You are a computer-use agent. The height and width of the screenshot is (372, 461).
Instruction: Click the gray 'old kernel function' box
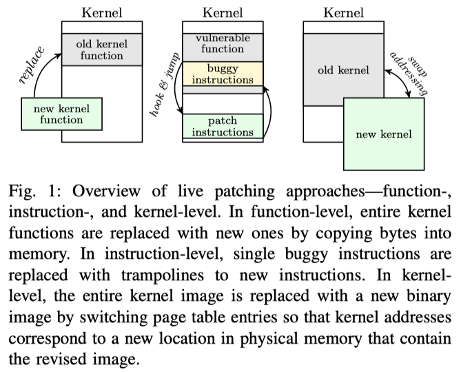click(x=101, y=49)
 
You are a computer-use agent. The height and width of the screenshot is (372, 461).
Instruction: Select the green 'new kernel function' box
click(x=61, y=114)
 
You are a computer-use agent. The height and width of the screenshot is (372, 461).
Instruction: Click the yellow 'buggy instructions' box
click(x=223, y=74)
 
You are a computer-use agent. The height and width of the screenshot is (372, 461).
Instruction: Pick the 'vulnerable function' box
click(x=223, y=43)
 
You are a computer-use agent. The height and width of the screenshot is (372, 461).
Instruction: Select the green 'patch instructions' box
click(x=223, y=126)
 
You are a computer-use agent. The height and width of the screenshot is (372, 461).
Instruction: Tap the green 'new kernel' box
click(x=384, y=134)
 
